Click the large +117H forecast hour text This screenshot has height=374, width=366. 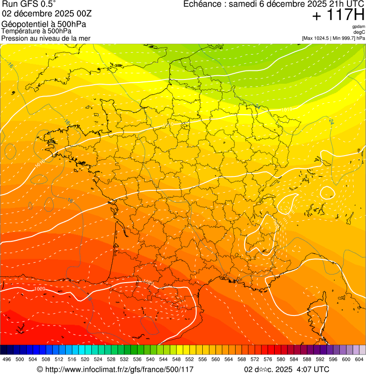[338, 16]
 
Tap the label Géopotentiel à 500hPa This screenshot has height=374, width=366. [44, 24]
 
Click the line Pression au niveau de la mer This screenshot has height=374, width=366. [46, 38]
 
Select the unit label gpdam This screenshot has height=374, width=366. [358, 27]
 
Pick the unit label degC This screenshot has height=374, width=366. [359, 32]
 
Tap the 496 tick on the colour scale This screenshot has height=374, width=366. [7, 359]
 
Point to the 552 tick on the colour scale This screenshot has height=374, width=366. [189, 359]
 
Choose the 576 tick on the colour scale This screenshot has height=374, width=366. [267, 359]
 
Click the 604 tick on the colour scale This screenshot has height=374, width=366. [359, 359]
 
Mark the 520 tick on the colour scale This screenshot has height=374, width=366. [85, 359]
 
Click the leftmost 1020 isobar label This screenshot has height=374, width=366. [40, 289]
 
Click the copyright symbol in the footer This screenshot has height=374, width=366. [40, 369]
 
